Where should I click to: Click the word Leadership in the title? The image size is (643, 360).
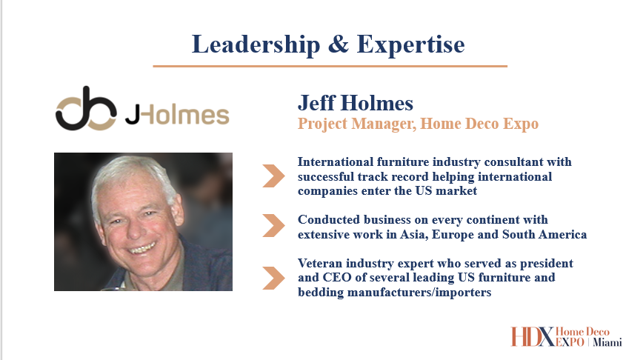pos(256,44)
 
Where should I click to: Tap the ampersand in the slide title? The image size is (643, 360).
pos(339,44)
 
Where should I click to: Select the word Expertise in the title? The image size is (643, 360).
pos(411,44)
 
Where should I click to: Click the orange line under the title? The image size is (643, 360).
pos(330,66)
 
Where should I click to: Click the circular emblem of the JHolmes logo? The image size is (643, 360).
pos(86,109)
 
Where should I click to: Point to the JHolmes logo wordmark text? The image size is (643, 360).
pos(177,115)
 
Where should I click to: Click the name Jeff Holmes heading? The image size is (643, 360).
pos(356,103)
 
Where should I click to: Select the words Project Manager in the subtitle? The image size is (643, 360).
pos(356,124)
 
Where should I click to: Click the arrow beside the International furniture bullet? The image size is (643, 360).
pos(273,176)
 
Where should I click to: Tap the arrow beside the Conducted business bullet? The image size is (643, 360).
pos(273,225)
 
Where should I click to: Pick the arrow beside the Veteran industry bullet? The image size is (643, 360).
pos(273,278)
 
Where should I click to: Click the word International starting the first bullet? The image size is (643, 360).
pos(336,162)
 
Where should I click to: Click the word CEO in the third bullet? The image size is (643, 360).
pos(337,278)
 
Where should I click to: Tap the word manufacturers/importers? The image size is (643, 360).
pos(419,293)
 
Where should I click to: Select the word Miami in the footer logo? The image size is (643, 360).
pos(607,341)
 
